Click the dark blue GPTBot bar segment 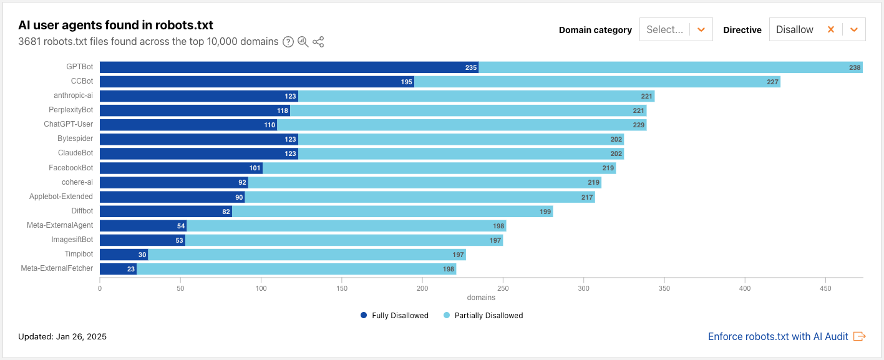coord(289,67)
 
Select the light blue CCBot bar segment coord(597,82)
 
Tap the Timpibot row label coord(79,254)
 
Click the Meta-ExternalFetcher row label coord(57,268)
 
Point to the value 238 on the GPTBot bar coord(854,67)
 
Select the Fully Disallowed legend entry coord(394,316)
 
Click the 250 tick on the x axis coord(503,288)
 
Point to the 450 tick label coord(825,288)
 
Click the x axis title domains coord(481,298)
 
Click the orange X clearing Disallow coord(830,29)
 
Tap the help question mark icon coord(288,42)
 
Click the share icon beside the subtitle coord(318,42)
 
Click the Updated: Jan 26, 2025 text coord(62,336)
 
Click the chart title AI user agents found coord(115,25)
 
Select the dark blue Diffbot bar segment coord(166,212)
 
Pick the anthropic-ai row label coord(73,96)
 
